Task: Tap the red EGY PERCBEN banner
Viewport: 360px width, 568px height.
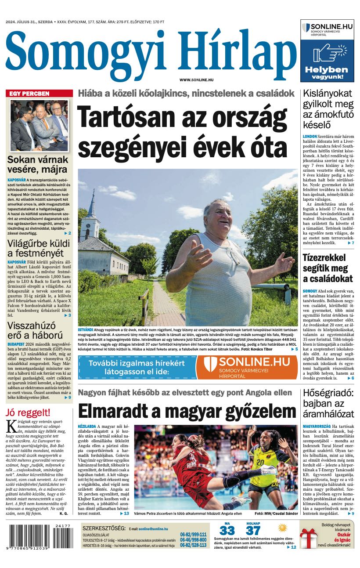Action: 40,93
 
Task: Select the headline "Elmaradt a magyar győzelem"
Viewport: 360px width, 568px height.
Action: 187,411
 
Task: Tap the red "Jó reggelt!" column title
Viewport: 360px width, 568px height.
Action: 28,412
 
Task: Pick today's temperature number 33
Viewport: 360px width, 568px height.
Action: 227,530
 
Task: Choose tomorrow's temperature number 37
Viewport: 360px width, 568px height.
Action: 253,530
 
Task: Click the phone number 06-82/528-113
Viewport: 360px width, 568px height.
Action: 193,545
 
